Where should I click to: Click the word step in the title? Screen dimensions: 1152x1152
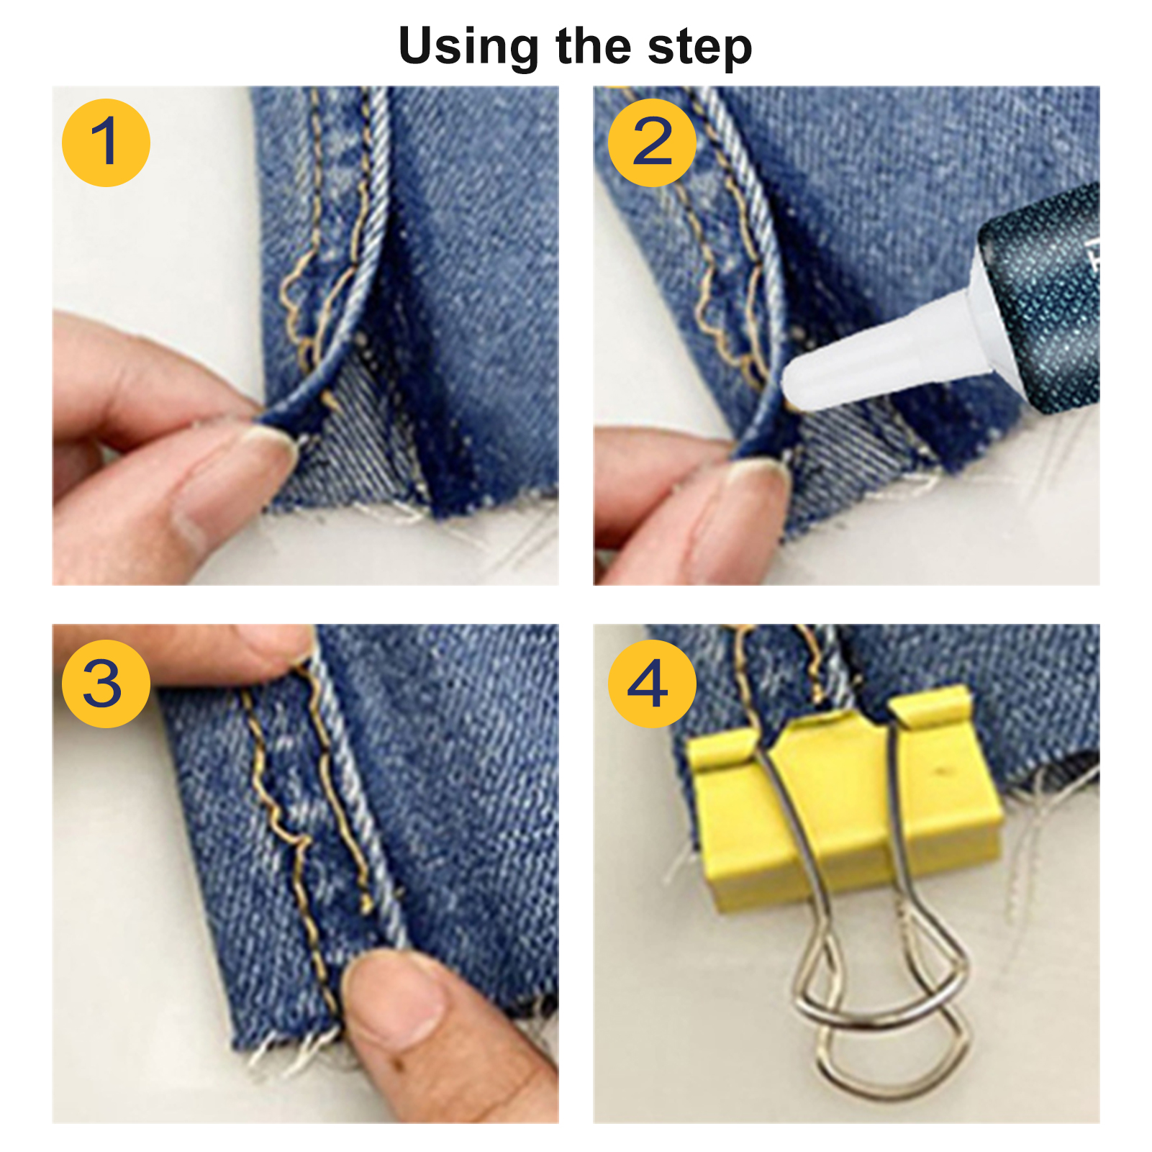(699, 48)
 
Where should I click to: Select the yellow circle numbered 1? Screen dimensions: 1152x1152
(106, 142)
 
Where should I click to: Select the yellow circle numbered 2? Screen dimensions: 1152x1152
(652, 142)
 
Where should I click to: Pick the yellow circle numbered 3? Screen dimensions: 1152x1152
(106, 684)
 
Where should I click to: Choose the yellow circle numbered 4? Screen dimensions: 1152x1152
(652, 684)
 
